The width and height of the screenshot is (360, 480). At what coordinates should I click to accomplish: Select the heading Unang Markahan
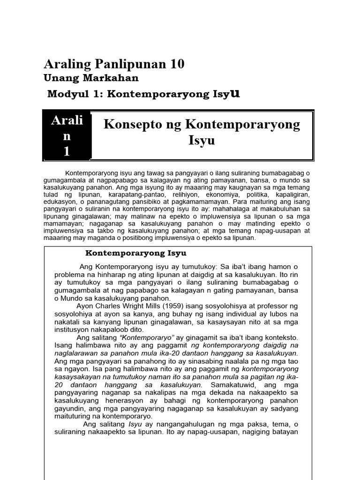91,78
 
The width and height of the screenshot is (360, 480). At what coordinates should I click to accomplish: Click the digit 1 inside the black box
67,151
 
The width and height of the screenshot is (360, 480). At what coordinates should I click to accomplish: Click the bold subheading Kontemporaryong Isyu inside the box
136,253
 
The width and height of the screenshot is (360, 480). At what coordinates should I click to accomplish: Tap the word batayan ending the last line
283,432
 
